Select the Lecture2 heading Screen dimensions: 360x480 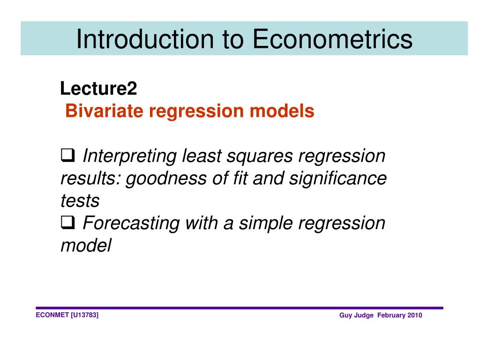tap(98, 88)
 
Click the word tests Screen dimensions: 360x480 tap(80, 201)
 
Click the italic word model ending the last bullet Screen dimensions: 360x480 tap(86, 246)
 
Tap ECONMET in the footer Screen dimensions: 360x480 tap(52, 315)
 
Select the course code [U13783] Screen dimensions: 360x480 tap(84, 315)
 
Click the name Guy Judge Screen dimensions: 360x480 tap(356, 315)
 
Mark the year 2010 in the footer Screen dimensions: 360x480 tap(415, 315)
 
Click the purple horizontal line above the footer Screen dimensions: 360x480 tap(239, 308)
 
